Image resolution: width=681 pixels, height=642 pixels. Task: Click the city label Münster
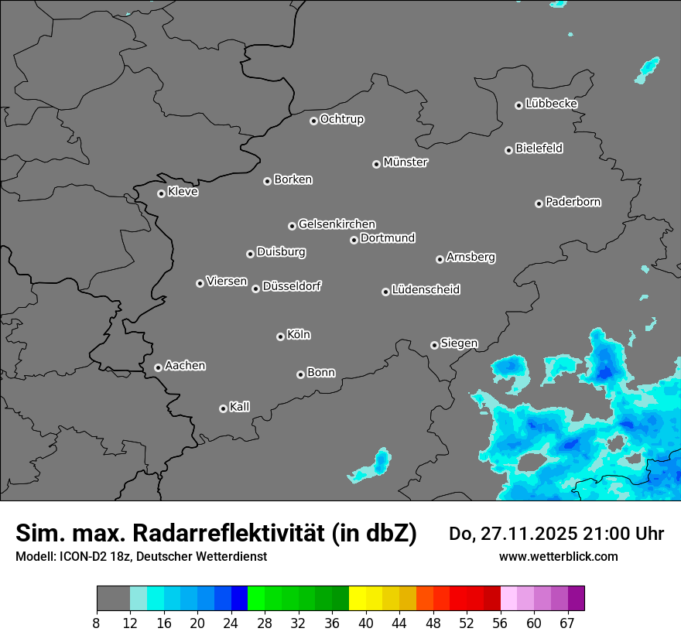pos(406,162)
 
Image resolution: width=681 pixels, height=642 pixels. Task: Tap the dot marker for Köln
pos(280,336)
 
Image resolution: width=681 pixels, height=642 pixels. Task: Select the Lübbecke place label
pos(551,104)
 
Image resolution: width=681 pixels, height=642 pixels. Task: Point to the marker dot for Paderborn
pos(539,203)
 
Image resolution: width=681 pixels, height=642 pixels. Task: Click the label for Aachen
pos(185,366)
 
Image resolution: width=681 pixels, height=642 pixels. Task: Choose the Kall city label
pos(240,407)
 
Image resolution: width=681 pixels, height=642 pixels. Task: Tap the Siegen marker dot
pos(434,345)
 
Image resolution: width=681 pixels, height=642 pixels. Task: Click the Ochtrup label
pos(342,119)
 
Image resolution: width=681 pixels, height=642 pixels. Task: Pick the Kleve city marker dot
pos(161,193)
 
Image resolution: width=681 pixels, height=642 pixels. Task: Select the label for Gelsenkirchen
pos(337,224)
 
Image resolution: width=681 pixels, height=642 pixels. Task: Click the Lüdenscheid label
pos(426,290)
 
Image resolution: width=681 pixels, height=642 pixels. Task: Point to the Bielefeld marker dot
pos(508,150)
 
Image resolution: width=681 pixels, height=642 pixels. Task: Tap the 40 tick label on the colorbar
pos(366,623)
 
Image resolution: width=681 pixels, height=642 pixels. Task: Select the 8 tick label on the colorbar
pos(97,623)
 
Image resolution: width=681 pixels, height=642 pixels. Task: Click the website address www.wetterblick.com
pos(558,557)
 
